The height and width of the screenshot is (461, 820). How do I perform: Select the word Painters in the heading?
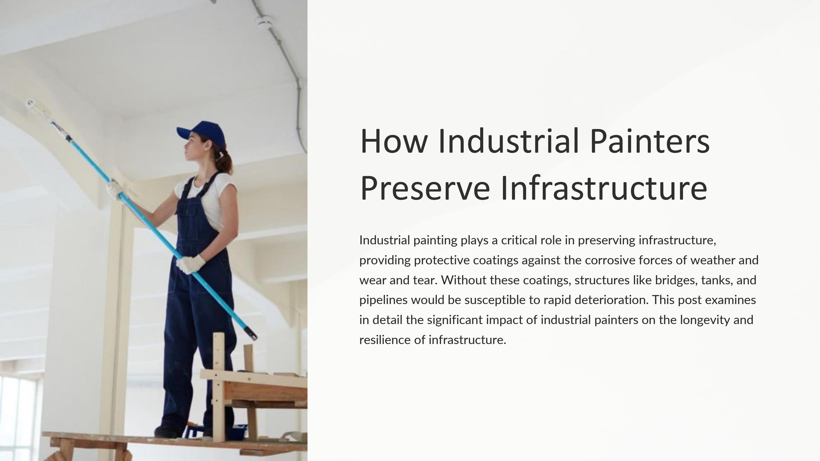pyautogui.click(x=649, y=141)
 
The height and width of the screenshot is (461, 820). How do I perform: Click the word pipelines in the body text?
pyautogui.click(x=383, y=300)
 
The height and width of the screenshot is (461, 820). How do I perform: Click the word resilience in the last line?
pyautogui.click(x=385, y=340)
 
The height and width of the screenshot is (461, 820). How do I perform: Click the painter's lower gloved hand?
pyautogui.click(x=191, y=264)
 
